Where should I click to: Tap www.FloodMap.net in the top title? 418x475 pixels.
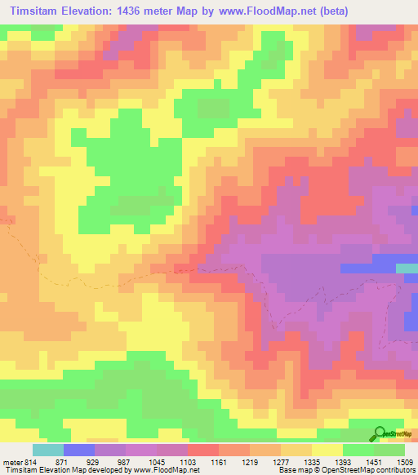258,11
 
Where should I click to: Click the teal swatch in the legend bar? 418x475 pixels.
48,451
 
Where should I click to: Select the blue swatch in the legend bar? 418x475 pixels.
79,451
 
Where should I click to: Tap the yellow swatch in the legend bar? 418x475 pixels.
327,451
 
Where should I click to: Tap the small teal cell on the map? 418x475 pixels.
406,268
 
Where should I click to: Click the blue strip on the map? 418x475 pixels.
367,268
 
